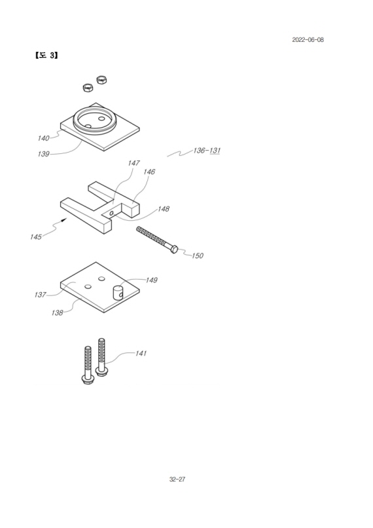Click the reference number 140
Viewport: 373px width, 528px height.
(43, 138)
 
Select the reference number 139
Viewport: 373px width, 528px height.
(43, 154)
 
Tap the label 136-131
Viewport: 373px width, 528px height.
(207, 150)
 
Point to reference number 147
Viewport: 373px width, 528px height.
(133, 163)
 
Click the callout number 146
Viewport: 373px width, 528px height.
(149, 172)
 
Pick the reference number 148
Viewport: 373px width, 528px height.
(164, 209)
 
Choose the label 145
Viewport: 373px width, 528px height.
(36, 236)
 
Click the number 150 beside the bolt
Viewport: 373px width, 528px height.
(198, 255)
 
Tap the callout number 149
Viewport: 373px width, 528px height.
(151, 280)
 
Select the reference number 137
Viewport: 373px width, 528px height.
(40, 295)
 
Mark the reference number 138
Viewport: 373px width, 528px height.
(57, 313)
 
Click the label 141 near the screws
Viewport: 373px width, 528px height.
(141, 353)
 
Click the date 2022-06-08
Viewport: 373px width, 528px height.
(308, 40)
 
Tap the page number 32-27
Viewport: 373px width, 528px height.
(177, 479)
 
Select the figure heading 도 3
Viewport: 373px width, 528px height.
(46, 55)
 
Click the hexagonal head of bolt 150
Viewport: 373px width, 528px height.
(174, 250)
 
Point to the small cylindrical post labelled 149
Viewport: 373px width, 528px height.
(118, 292)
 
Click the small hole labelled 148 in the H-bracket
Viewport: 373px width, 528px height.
(111, 213)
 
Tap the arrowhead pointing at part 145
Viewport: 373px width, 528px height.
(64, 220)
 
